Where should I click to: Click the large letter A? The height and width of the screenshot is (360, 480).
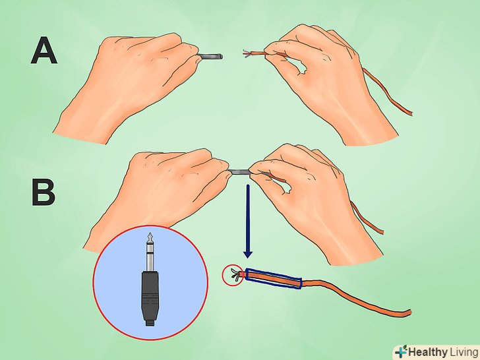click(x=44, y=50)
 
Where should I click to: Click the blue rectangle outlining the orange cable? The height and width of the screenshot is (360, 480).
click(x=274, y=278)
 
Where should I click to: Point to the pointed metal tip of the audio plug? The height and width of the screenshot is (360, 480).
click(x=150, y=236)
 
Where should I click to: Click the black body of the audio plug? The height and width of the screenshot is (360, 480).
click(x=150, y=294)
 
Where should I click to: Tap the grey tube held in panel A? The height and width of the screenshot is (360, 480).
click(x=210, y=56)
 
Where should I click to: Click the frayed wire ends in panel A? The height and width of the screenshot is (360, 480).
click(x=247, y=53)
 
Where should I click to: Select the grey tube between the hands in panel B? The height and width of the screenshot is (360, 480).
click(x=239, y=171)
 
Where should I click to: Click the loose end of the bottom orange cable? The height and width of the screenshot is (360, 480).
click(x=409, y=313)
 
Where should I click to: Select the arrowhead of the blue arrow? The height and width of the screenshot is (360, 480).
click(x=248, y=254)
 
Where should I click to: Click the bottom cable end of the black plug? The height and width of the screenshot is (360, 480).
click(x=150, y=322)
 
